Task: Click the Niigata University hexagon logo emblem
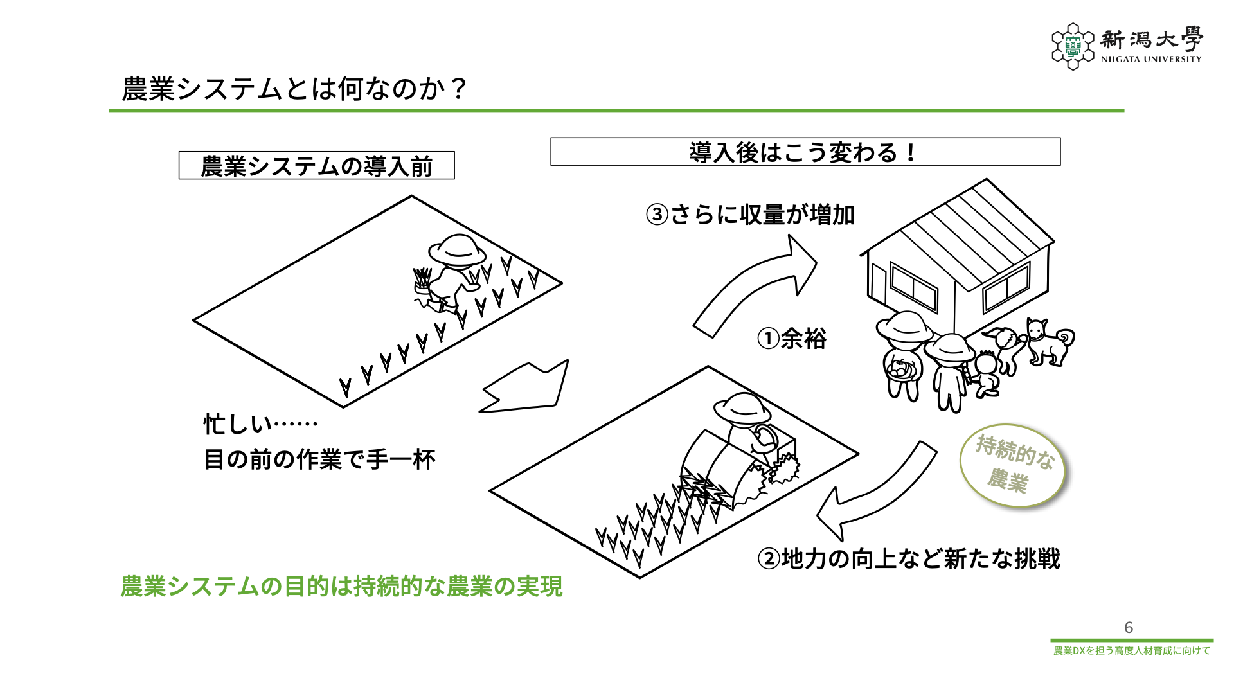[1072, 46]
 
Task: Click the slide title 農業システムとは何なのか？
[294, 89]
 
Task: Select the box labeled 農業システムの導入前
[316, 166]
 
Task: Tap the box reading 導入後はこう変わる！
[805, 152]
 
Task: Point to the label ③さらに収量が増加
[750, 215]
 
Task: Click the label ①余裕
[791, 338]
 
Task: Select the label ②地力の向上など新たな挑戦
[909, 559]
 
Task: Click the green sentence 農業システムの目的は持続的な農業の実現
[341, 586]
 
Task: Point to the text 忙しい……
[260, 424]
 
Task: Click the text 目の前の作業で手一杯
[319, 459]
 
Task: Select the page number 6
[1129, 627]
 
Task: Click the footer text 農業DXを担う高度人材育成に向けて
[1131, 650]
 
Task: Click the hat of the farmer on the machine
[742, 406]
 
